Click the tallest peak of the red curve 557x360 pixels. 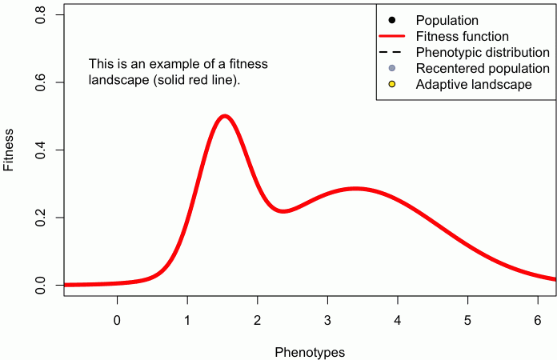click(225, 116)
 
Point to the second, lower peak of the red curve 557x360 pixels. click(354, 189)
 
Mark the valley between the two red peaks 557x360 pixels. click(283, 211)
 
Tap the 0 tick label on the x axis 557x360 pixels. click(117, 321)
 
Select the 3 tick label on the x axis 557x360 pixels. click(327, 321)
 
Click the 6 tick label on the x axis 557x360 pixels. click(537, 321)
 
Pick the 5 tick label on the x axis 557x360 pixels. click(467, 321)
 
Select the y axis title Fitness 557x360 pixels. click(10, 150)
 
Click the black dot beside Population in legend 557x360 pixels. click(392, 20)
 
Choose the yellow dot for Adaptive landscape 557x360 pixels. click(392, 84)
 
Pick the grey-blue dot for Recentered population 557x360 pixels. click(392, 68)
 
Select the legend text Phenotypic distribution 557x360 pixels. click(483, 52)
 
